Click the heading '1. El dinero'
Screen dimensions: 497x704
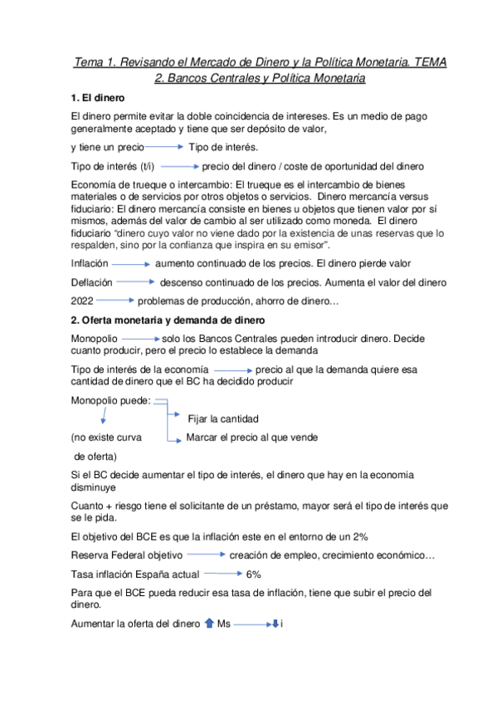click(x=99, y=97)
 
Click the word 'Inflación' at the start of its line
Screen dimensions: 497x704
click(x=90, y=263)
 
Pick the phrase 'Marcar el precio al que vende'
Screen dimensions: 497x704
click(x=251, y=437)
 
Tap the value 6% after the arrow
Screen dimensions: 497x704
click(x=253, y=574)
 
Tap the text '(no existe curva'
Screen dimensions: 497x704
click(x=105, y=437)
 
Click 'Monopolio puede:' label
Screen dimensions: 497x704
click(x=110, y=400)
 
